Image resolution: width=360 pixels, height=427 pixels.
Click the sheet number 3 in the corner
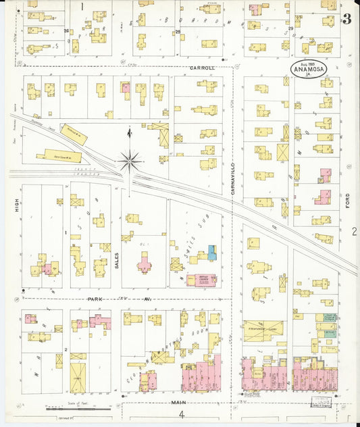pyautogui.click(x=346, y=19)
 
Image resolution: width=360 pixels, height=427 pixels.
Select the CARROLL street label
pyautogui.click(x=201, y=68)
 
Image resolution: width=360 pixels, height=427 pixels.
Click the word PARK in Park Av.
pyautogui.click(x=95, y=298)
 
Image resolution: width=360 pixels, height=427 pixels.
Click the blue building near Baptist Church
pyautogui.click(x=212, y=253)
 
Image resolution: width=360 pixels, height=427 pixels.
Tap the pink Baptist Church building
pyautogui.click(x=201, y=279)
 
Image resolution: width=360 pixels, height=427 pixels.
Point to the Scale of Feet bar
pyautogui.click(x=71, y=408)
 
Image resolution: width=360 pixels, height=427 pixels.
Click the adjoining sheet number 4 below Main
pyautogui.click(x=181, y=415)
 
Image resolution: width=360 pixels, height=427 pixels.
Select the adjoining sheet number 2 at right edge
pyautogui.click(x=354, y=232)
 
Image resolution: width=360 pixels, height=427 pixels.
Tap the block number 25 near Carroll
pyautogui.click(x=178, y=32)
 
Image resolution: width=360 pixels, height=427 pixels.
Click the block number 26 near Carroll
pyautogui.click(x=66, y=31)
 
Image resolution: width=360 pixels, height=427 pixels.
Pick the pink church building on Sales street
pyautogui.click(x=145, y=262)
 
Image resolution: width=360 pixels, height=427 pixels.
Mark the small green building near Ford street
pyautogui.click(x=328, y=332)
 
